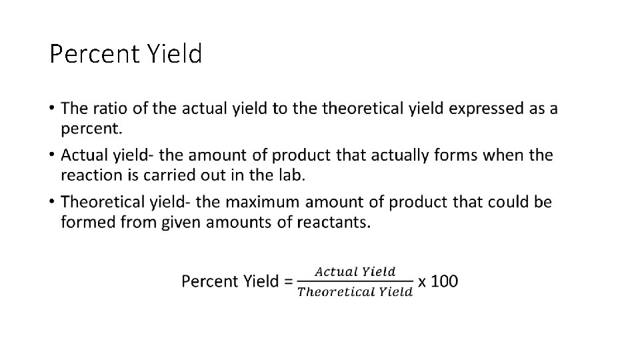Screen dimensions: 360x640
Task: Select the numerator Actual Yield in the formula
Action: [x=355, y=271]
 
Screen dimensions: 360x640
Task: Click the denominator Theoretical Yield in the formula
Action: [x=355, y=291]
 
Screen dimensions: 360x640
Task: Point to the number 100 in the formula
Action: [x=445, y=281]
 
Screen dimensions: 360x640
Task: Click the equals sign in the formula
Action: [x=288, y=281]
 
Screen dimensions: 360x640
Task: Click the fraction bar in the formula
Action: [x=355, y=281]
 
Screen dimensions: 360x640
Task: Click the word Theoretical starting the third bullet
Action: [x=100, y=201]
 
